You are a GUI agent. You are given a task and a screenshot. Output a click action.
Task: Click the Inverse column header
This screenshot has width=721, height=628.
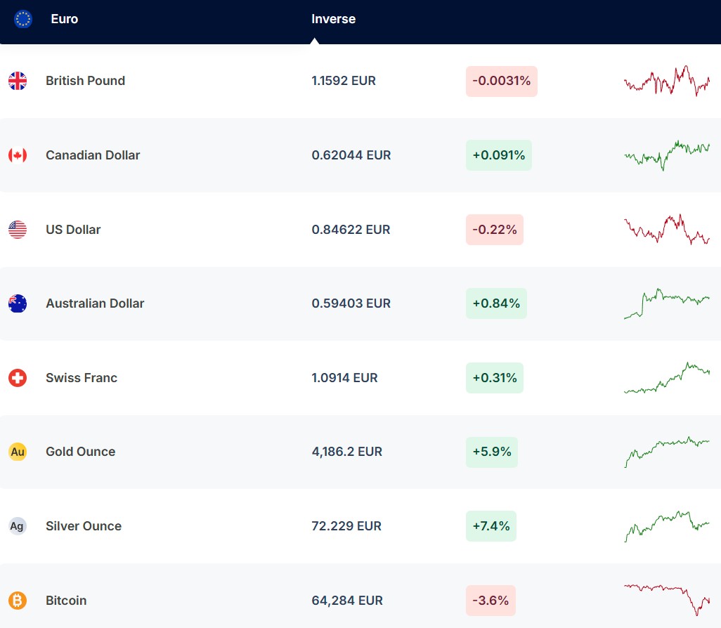coord(333,19)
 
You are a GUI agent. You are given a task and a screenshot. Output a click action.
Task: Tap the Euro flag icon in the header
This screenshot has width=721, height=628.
coord(23,19)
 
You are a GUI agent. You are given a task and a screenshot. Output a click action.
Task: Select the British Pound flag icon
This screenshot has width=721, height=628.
coord(18,81)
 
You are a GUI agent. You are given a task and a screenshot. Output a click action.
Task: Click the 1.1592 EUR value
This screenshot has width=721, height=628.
coord(344,81)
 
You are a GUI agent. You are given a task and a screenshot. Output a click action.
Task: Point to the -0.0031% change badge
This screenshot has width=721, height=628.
coord(501,81)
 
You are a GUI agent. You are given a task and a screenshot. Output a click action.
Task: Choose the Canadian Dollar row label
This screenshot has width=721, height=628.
coord(93,155)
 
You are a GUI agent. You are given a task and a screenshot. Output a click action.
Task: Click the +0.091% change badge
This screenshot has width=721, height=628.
coord(498,155)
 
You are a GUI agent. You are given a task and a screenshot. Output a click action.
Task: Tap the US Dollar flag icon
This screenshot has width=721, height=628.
coord(18,230)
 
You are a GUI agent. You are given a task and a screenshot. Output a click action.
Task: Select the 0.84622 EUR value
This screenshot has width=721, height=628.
coord(351,230)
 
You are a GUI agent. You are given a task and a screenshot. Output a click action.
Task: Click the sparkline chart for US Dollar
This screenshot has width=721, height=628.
coord(666,229)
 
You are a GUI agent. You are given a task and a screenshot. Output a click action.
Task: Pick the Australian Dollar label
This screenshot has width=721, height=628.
coord(95,303)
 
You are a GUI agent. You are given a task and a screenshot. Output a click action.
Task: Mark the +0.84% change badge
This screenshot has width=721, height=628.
coord(496,303)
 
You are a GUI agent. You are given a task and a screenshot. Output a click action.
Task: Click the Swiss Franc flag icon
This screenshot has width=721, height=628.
coord(18,378)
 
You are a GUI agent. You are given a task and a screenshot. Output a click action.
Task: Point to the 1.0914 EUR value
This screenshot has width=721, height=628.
coord(344,378)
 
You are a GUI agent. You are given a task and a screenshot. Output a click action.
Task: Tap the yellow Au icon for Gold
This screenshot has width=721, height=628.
coord(18,452)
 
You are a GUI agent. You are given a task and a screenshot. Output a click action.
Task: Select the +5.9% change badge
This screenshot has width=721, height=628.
coord(491,452)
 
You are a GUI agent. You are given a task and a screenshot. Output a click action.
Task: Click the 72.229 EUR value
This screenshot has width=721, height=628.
coord(346,526)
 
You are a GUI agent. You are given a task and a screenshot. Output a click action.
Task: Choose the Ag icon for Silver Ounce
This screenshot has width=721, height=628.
coord(18,526)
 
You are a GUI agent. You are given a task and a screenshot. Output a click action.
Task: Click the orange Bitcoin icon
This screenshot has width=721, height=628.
coord(18,601)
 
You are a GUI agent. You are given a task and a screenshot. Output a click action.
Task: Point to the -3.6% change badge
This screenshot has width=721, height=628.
coord(491,601)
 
